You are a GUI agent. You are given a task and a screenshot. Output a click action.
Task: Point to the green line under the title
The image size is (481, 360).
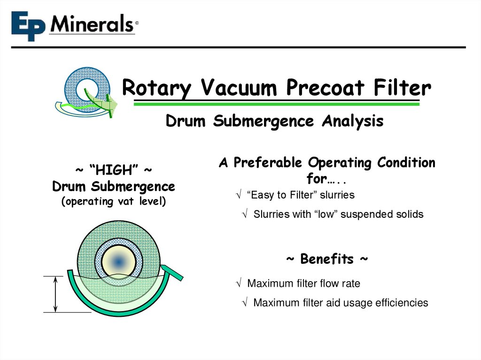276,104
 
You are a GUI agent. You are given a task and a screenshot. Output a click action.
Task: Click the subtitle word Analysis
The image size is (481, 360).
352,121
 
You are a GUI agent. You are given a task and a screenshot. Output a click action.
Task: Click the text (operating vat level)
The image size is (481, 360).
113,202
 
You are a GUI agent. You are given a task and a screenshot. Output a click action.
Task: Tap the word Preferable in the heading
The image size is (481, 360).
268,163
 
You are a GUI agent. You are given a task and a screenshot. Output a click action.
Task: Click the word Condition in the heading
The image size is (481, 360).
406,163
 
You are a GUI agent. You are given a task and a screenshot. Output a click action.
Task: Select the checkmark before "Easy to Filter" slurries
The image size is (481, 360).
239,195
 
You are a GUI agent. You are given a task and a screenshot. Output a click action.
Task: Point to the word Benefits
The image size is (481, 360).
326,259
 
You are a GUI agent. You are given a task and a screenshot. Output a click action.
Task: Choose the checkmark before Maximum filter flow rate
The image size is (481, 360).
239,283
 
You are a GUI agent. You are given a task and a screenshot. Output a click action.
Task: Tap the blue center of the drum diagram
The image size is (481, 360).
119,261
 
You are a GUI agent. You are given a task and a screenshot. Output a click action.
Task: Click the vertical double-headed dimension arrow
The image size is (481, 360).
56,294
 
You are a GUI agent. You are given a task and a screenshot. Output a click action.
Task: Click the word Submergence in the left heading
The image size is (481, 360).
133,186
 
